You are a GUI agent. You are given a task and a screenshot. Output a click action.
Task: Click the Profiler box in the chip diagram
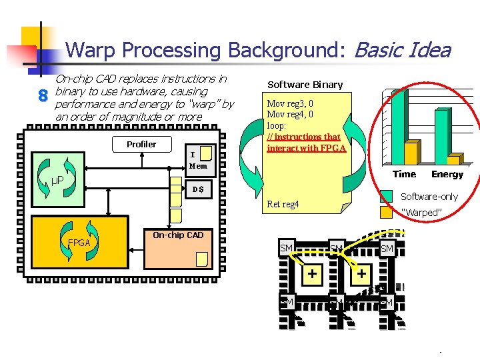[141, 144]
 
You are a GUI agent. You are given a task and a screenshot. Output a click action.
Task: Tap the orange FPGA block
[79, 243]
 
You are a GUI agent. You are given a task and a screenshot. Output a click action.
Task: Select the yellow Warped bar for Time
[413, 151]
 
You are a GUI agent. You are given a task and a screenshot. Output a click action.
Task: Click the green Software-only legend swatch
[386, 196]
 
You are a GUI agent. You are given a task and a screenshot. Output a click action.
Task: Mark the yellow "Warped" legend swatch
[386, 212]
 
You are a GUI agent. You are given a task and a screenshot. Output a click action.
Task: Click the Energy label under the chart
[447, 175]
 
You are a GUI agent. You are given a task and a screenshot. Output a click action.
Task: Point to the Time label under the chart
[404, 175]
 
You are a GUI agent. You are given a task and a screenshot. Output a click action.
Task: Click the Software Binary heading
[305, 85]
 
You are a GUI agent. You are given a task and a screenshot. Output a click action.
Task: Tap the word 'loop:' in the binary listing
[276, 125]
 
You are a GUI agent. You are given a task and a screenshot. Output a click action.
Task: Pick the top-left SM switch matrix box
[287, 248]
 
